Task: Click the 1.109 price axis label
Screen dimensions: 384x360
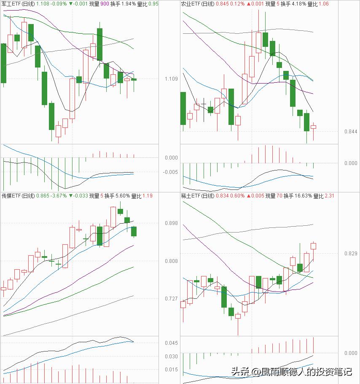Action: tap(172, 79)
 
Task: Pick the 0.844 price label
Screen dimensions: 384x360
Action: tap(351, 132)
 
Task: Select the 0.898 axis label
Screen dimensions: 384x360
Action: tap(172, 223)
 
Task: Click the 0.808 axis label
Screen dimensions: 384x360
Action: tap(172, 261)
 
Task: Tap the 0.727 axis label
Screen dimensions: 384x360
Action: tap(172, 299)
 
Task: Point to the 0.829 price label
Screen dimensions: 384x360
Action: tap(351, 253)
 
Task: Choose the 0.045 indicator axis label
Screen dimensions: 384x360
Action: tap(172, 343)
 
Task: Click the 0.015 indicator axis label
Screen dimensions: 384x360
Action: tap(172, 370)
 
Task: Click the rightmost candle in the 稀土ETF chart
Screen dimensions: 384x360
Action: tap(314, 246)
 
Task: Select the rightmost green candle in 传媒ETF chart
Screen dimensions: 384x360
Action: tap(134, 231)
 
